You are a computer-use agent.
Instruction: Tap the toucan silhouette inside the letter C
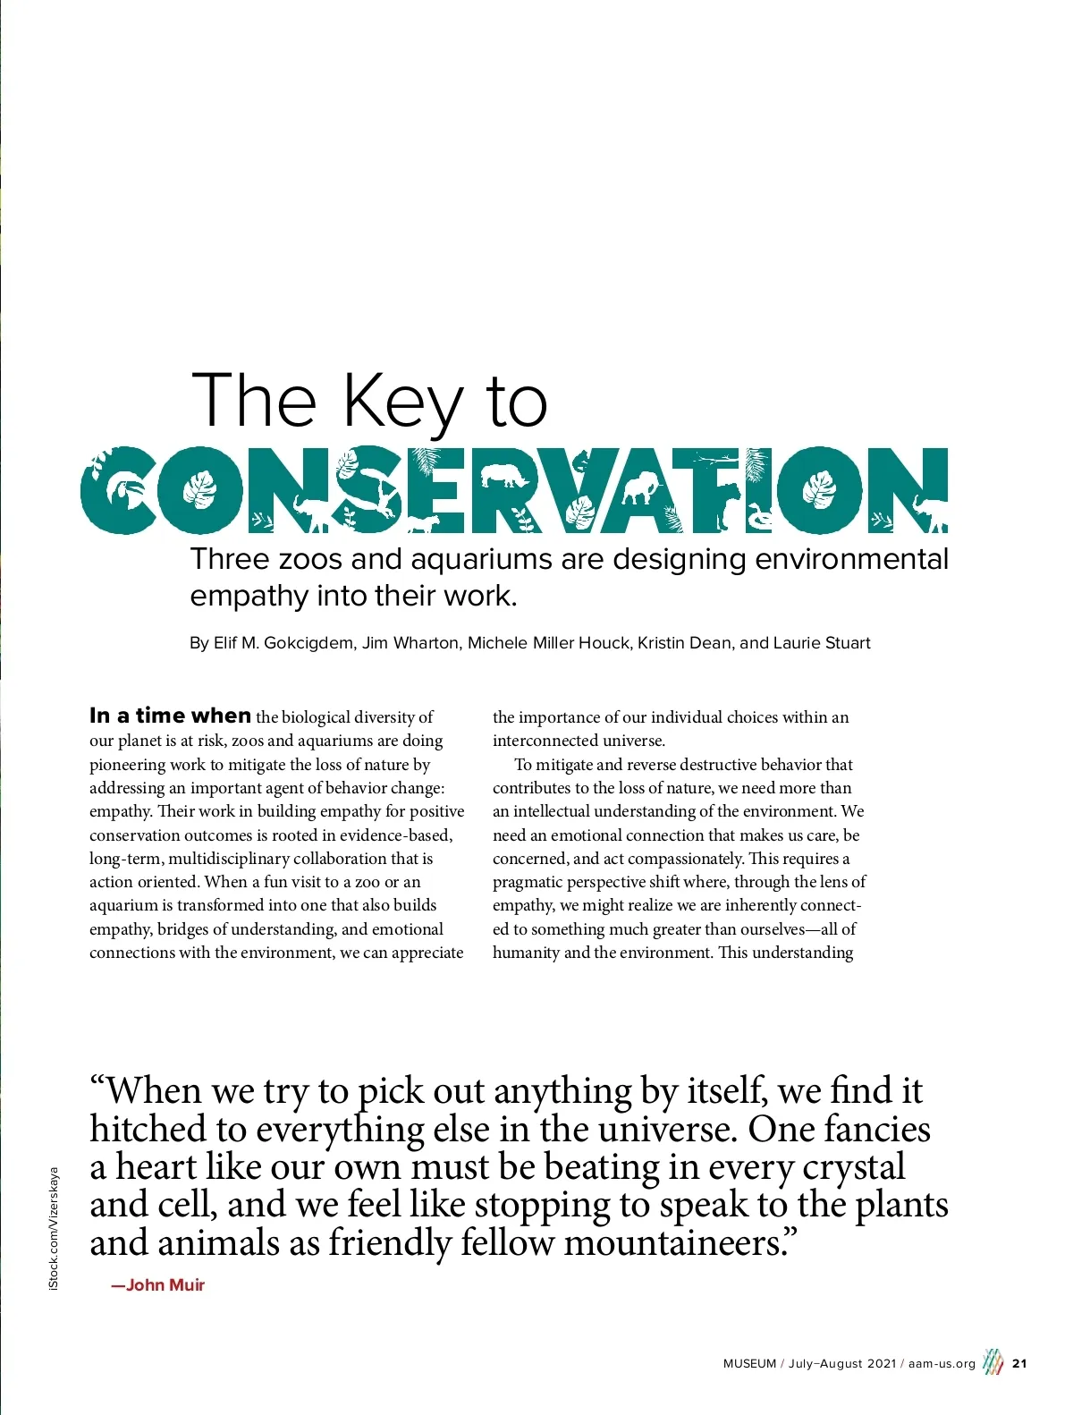(118, 491)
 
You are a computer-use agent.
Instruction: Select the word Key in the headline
(403, 402)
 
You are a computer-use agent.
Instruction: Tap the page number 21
(1019, 1364)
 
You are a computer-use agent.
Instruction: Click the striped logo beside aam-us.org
(993, 1362)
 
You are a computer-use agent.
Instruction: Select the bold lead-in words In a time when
(170, 716)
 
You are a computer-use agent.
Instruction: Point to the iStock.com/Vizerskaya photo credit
(54, 1227)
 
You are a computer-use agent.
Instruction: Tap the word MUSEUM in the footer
(749, 1364)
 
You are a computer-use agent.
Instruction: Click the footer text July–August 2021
(841, 1364)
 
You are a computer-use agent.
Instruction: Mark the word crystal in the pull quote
(853, 1167)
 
